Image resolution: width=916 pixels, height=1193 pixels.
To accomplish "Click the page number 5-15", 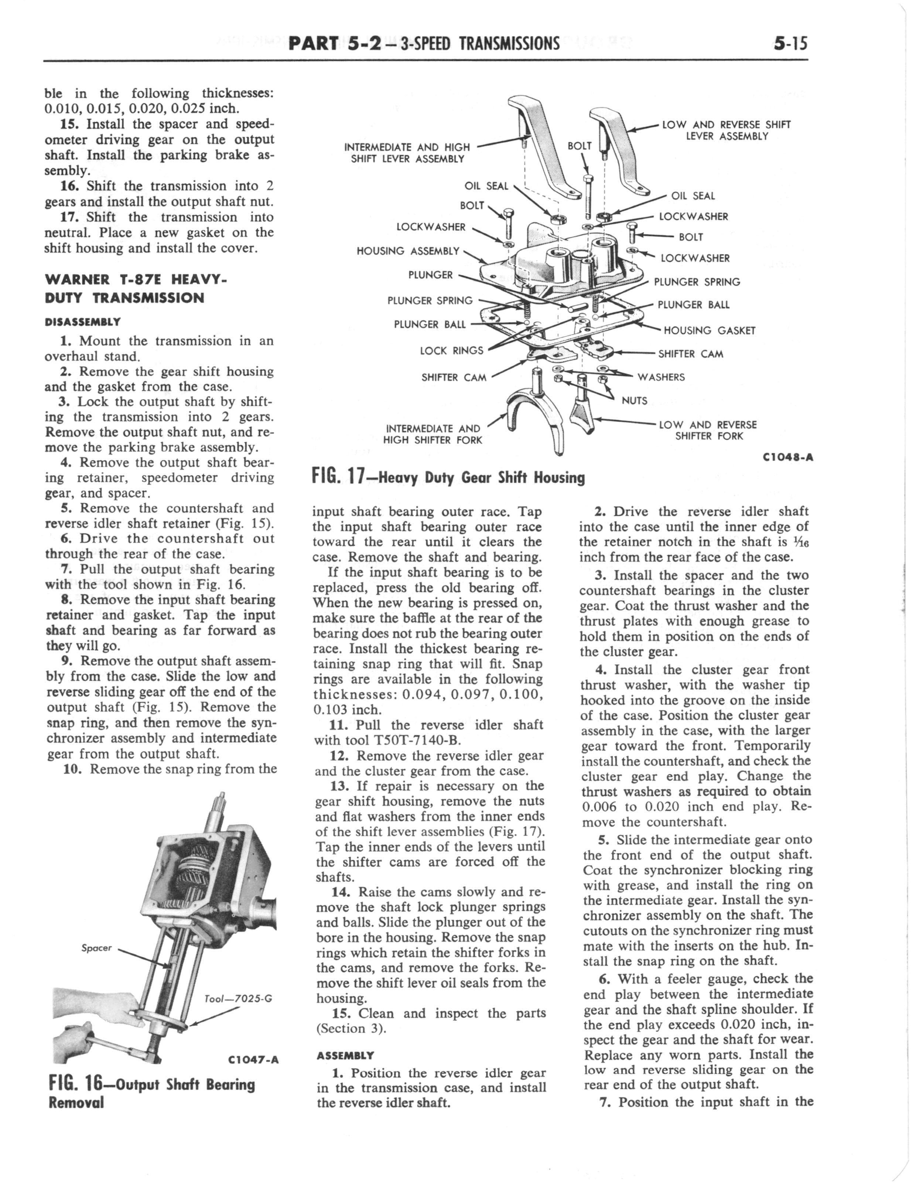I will [790, 42].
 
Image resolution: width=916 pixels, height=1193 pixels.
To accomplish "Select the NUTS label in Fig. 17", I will [634, 401].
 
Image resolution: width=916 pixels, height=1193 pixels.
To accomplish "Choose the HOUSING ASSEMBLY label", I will [408, 251].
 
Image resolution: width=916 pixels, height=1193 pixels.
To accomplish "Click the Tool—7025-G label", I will [238, 998].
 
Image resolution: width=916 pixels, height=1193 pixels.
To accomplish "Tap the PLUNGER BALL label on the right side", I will [693, 305].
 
